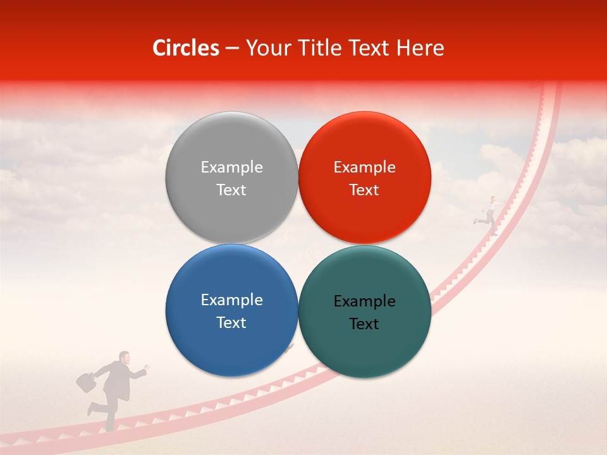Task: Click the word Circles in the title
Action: (x=186, y=48)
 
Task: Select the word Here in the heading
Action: (x=420, y=48)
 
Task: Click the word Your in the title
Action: (x=267, y=48)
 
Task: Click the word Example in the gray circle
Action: (x=231, y=167)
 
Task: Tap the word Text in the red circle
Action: (x=364, y=190)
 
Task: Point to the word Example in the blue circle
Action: (x=231, y=300)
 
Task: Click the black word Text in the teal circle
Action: (x=364, y=324)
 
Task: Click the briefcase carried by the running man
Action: (x=85, y=381)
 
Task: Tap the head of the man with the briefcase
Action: (x=125, y=358)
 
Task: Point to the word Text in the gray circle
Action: (x=231, y=190)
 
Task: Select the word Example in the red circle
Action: (x=364, y=167)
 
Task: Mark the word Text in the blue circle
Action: (x=231, y=322)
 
